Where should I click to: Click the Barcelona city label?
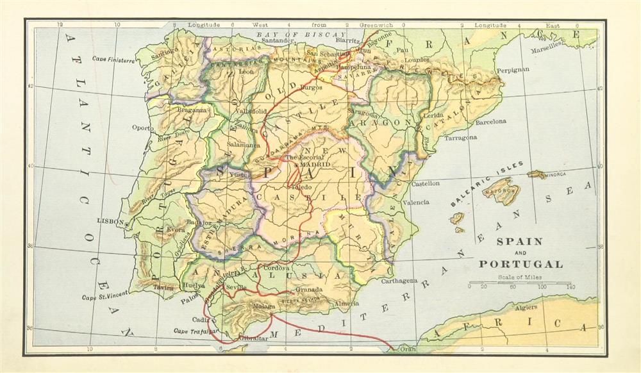(x=490, y=121)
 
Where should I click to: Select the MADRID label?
(x=312, y=165)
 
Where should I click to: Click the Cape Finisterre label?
(x=113, y=60)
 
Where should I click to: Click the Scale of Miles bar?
(x=520, y=283)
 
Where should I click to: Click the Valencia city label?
(x=415, y=203)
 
